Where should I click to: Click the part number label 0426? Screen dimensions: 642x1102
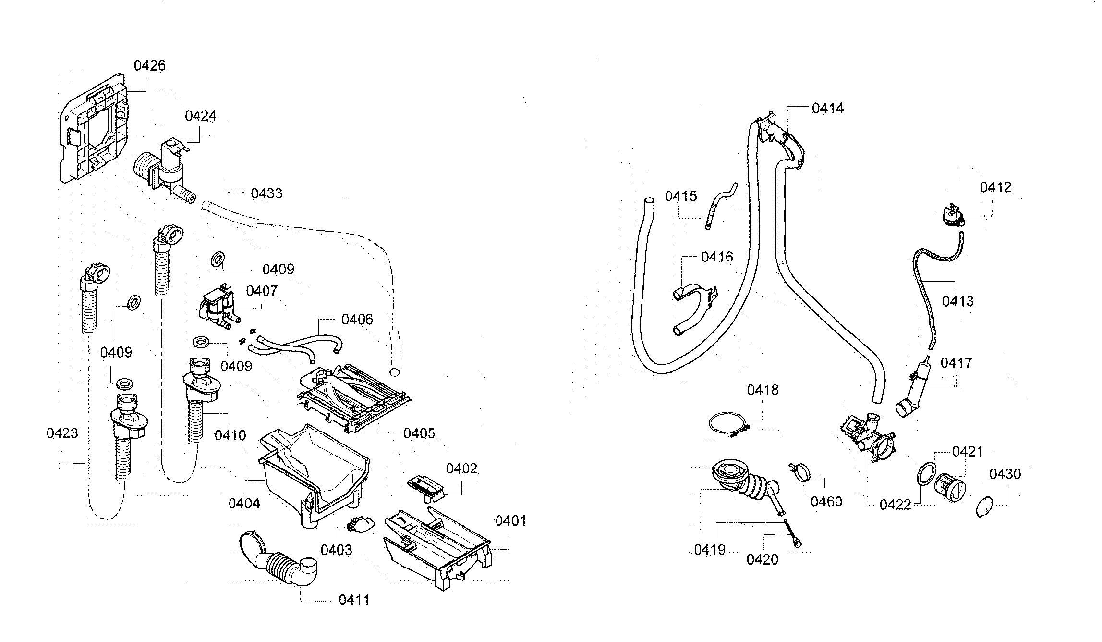(149, 65)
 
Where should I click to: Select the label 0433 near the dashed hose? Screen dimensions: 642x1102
(266, 194)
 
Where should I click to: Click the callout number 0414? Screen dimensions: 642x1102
(827, 109)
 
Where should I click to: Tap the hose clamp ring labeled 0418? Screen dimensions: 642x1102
(728, 425)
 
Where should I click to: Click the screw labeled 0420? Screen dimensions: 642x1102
(793, 534)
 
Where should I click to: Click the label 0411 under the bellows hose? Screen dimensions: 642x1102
(354, 600)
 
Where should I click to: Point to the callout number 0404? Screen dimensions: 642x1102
(244, 504)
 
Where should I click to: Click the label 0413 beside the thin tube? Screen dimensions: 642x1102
(957, 301)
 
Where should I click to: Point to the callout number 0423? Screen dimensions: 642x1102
(62, 433)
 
